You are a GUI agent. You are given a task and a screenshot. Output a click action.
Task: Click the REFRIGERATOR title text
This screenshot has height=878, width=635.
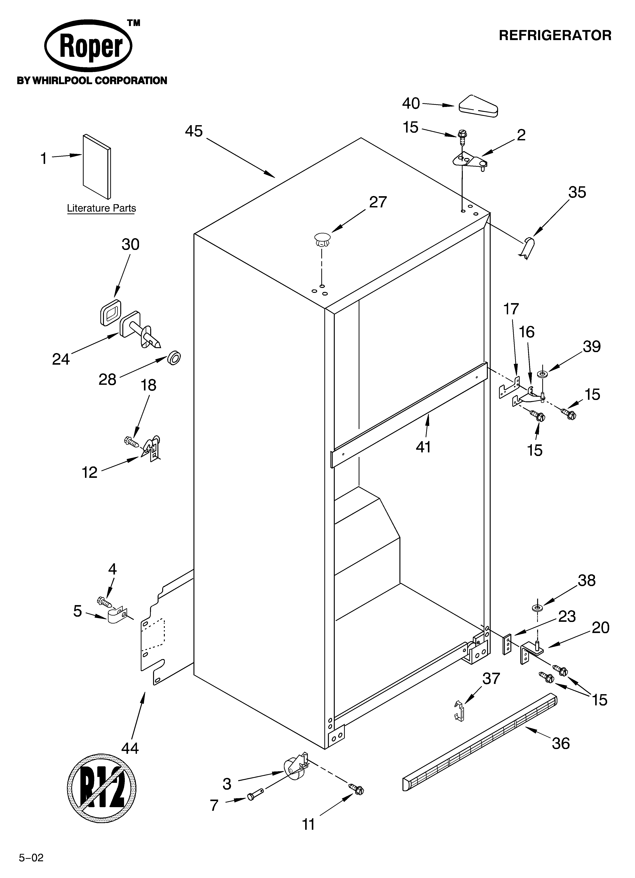tap(555, 36)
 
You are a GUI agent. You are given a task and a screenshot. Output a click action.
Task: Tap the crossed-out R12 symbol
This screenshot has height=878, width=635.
tap(102, 788)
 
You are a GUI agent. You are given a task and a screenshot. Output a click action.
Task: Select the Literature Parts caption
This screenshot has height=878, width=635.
tap(101, 208)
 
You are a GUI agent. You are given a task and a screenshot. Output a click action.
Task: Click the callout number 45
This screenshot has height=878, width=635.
tap(194, 131)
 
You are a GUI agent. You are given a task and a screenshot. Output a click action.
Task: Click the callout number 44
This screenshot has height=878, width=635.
tap(130, 749)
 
